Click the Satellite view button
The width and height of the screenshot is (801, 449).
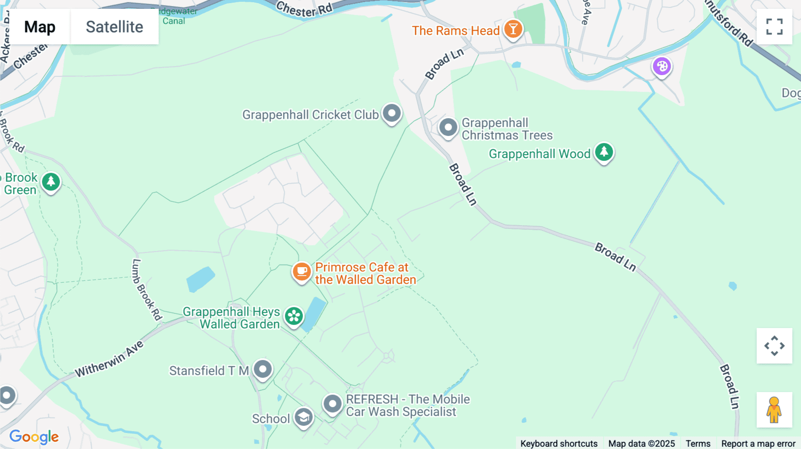(114, 27)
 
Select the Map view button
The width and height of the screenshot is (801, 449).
(40, 27)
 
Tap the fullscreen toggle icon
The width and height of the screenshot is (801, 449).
(774, 27)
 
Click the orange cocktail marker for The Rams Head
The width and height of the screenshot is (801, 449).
(513, 29)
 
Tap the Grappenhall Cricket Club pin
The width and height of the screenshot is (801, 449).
(392, 113)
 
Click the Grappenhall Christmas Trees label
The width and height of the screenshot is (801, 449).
(507, 129)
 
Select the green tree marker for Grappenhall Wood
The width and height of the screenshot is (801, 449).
(604, 152)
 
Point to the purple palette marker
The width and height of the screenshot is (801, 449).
(662, 67)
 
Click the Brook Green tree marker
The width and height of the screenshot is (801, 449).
(51, 182)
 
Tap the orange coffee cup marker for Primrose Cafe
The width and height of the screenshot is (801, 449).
(301, 271)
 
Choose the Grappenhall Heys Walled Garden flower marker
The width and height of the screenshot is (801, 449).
(294, 317)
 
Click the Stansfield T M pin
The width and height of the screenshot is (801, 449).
(263, 369)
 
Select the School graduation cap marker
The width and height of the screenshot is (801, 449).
(303, 417)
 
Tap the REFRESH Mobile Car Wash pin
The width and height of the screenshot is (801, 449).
(332, 404)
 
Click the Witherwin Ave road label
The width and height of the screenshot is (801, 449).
(109, 359)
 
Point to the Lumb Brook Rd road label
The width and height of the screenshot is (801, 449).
(146, 289)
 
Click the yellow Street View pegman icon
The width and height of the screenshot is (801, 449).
(774, 410)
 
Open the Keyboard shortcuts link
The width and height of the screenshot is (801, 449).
(559, 443)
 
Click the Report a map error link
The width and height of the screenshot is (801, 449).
(758, 443)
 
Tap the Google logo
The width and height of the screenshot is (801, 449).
(34, 437)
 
